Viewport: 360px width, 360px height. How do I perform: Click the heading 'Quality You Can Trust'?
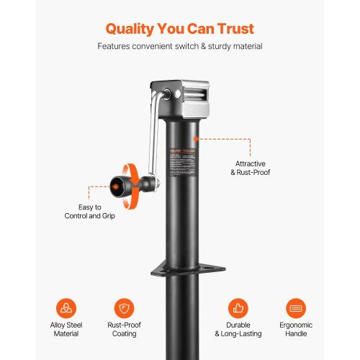tap(179, 29)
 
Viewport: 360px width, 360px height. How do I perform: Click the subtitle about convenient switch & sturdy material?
tap(179, 47)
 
